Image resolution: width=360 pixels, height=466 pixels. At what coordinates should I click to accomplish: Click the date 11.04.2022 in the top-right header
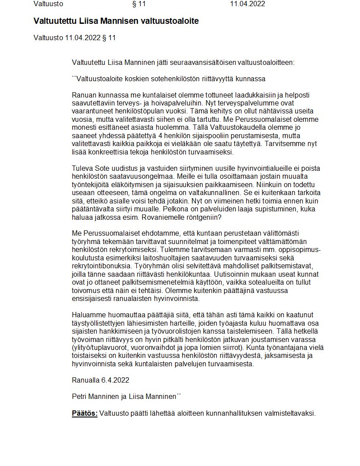coord(247,4)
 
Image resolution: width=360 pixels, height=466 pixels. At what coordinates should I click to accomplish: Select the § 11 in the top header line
coord(139,4)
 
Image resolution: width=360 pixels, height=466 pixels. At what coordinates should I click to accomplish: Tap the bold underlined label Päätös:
coord(85,413)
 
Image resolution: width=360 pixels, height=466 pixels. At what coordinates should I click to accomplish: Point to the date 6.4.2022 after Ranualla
coord(115,380)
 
